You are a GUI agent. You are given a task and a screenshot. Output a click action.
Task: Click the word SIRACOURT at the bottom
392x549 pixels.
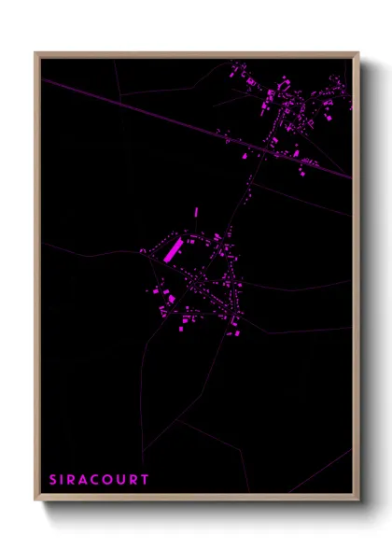(x=98, y=480)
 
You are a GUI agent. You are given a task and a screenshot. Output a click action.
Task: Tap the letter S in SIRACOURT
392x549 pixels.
(x=53, y=480)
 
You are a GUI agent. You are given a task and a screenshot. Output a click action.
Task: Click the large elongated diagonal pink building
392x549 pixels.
(x=174, y=250)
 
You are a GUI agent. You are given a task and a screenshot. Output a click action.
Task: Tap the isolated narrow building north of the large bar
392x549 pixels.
(x=196, y=213)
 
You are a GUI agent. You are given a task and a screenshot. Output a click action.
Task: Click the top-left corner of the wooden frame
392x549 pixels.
(x=36, y=53)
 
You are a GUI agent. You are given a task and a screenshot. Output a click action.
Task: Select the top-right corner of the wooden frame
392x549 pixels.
(x=357, y=53)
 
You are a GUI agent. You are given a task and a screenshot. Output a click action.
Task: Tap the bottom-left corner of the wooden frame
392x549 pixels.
(x=36, y=500)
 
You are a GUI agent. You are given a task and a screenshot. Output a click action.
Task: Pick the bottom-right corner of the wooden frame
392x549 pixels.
(x=357, y=500)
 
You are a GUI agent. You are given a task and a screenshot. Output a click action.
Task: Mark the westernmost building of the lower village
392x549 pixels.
(x=144, y=251)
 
